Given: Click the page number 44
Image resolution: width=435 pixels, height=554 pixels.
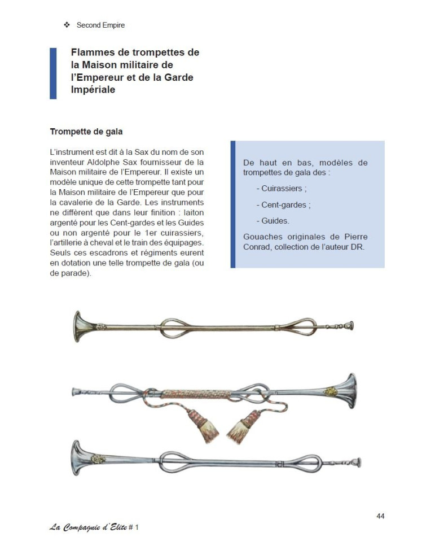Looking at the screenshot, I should [x=380, y=516].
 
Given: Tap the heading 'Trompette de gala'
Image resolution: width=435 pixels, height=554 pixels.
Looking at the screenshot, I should [x=86, y=132].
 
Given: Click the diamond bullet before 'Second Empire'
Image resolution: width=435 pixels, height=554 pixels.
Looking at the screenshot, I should [x=66, y=25].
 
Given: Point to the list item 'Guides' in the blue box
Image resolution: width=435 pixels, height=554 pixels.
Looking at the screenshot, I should [x=276, y=221].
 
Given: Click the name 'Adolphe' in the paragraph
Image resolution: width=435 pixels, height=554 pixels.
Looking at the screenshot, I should [x=135, y=162].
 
